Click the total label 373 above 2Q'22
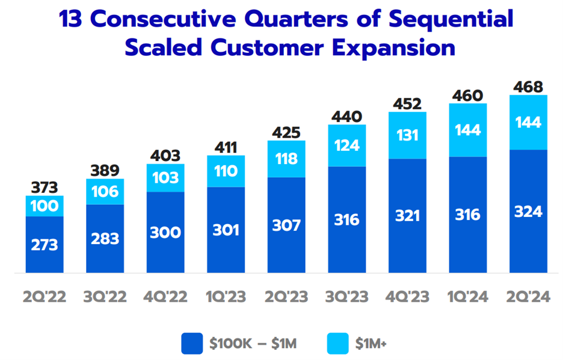point(44,188)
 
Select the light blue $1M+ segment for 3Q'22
point(105,192)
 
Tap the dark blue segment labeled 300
point(165,232)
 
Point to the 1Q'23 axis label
point(226,297)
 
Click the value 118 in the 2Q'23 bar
point(286,159)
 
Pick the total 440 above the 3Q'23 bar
point(347,117)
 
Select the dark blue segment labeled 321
point(408,216)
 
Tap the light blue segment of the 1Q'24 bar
point(468,130)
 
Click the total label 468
point(528,87)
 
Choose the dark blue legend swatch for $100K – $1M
point(192,344)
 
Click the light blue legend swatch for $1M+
point(338,344)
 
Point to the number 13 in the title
point(71,19)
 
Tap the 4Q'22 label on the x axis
point(165,297)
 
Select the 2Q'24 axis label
point(528,297)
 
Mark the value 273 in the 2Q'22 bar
point(44,245)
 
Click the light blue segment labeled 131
point(408,135)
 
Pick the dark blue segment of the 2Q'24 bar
point(528,212)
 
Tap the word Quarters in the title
point(296,19)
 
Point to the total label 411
point(226,148)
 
